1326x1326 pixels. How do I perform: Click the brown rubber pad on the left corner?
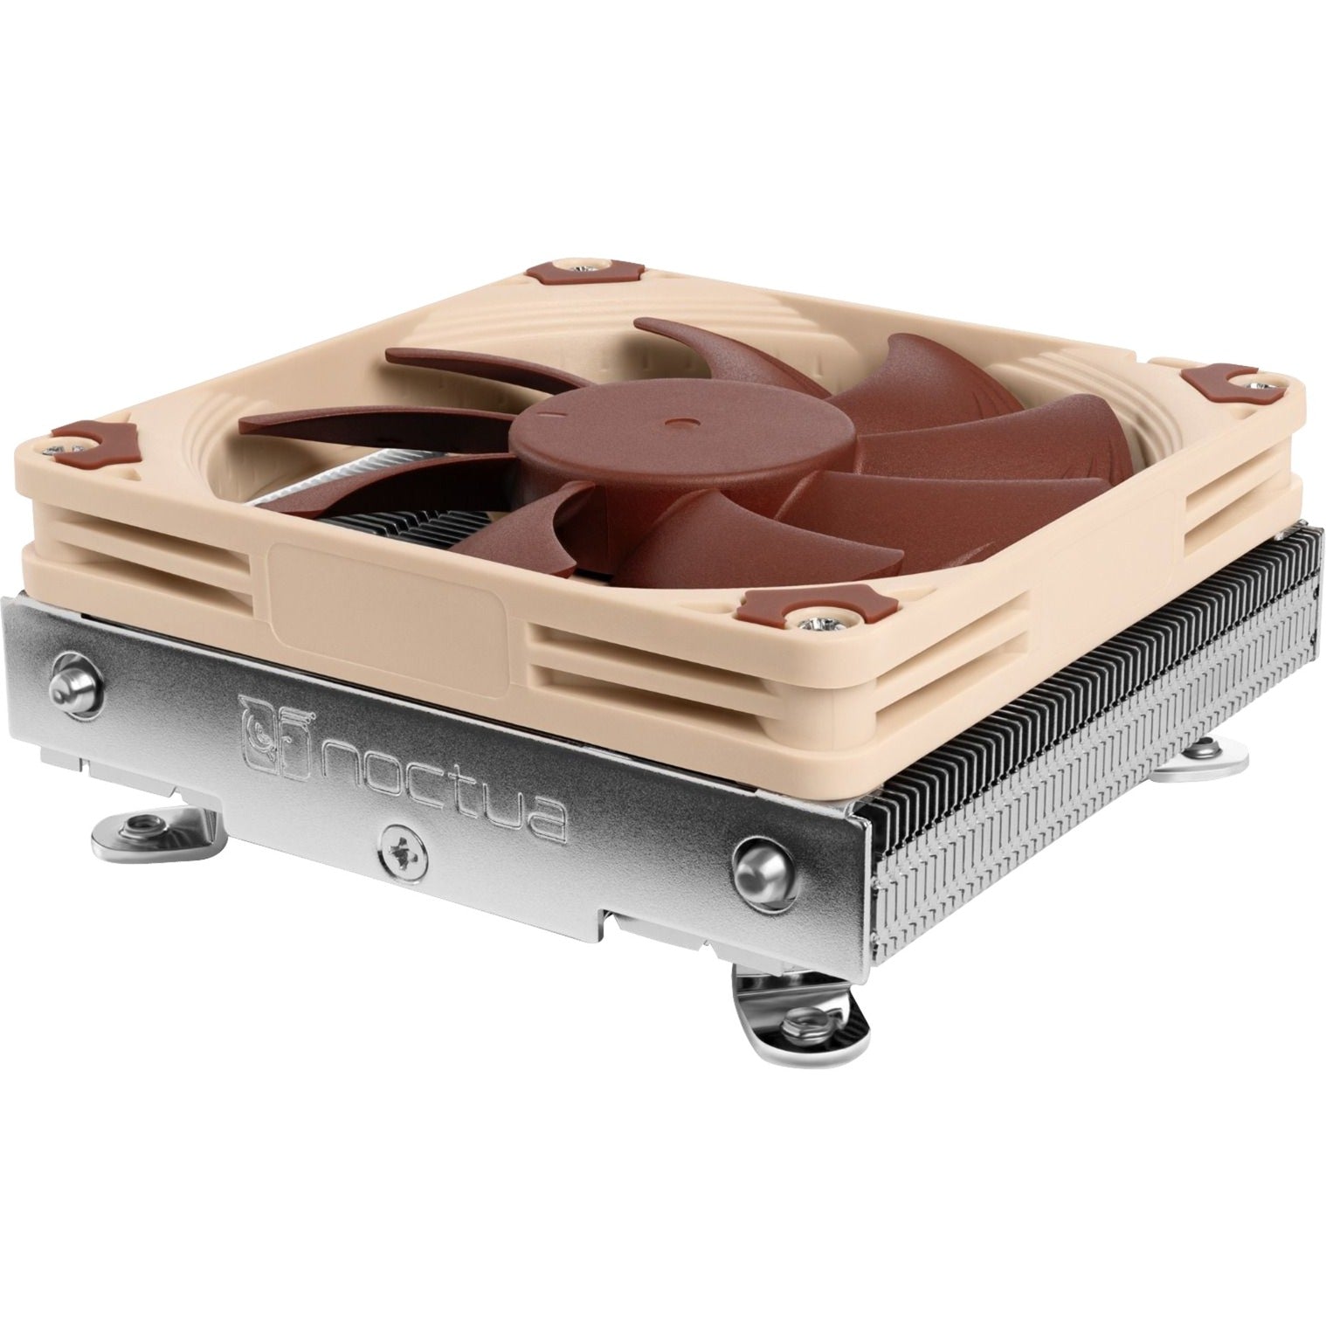(x=96, y=435)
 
